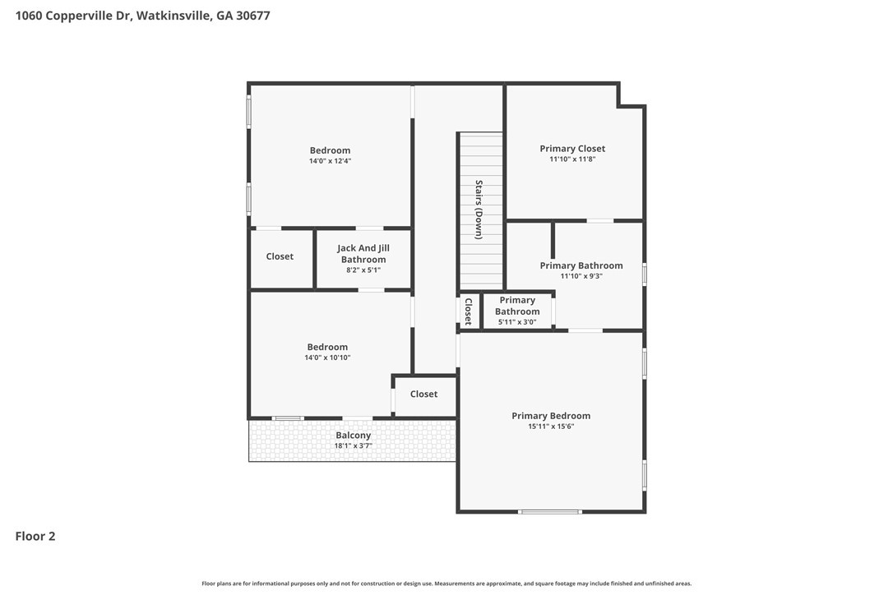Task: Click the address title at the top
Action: click(142, 16)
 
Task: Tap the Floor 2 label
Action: click(35, 536)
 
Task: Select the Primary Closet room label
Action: click(572, 149)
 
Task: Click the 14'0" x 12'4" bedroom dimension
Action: click(331, 161)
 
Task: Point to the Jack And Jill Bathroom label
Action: click(363, 254)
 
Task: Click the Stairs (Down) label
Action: click(479, 210)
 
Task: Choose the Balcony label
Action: click(353, 435)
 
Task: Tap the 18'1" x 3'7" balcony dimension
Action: click(353, 445)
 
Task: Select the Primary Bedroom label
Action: click(551, 416)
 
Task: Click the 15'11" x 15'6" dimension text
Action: click(551, 427)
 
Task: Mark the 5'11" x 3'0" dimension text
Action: click(517, 322)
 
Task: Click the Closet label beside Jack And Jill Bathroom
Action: click(280, 256)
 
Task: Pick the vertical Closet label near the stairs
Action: click(468, 311)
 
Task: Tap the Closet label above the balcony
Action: click(423, 394)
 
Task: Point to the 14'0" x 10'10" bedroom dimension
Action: click(327, 357)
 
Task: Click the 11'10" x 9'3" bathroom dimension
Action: click(581, 276)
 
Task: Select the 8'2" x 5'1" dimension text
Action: click(363, 270)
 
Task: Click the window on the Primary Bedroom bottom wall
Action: click(550, 512)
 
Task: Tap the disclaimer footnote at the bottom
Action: click(446, 583)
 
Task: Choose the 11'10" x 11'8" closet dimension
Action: click(572, 159)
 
